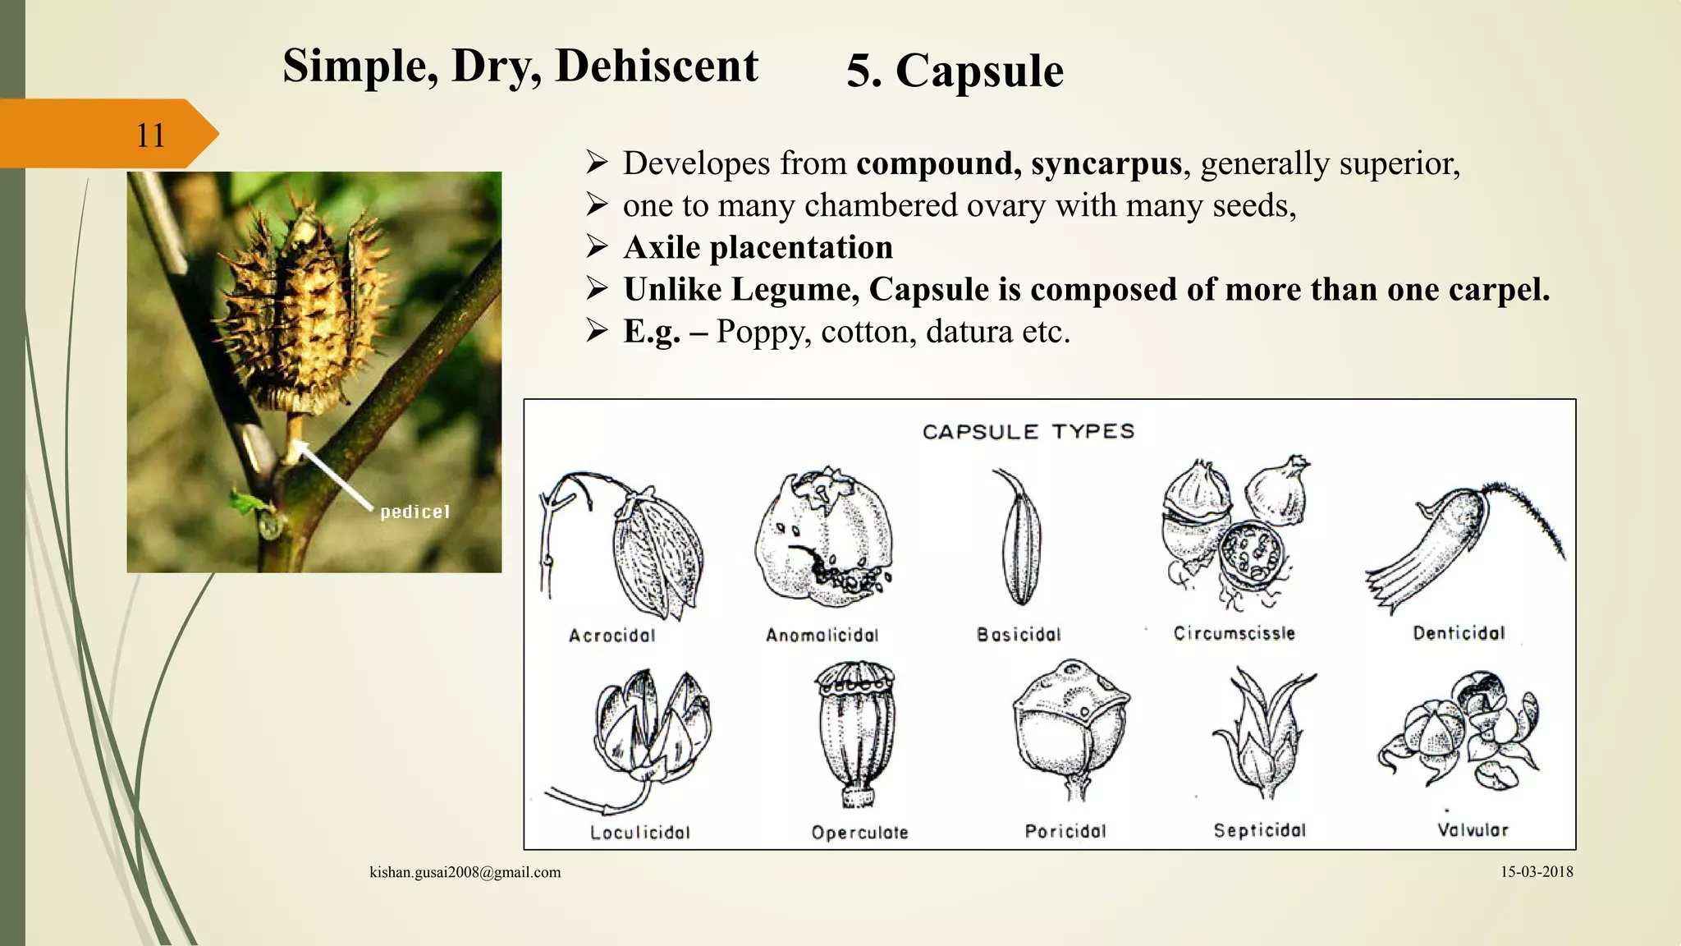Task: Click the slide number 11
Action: [150, 135]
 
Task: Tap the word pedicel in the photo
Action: [415, 512]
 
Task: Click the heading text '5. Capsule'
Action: [955, 71]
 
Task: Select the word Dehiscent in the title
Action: [657, 66]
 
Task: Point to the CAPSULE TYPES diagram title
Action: [1028, 432]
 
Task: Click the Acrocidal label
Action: [612, 635]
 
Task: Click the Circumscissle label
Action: [1234, 633]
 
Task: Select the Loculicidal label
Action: [640, 832]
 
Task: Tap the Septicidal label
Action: [1259, 830]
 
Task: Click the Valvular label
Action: [1473, 829]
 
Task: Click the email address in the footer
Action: [465, 872]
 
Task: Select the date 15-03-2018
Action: [1537, 872]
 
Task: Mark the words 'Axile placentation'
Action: [758, 247]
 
